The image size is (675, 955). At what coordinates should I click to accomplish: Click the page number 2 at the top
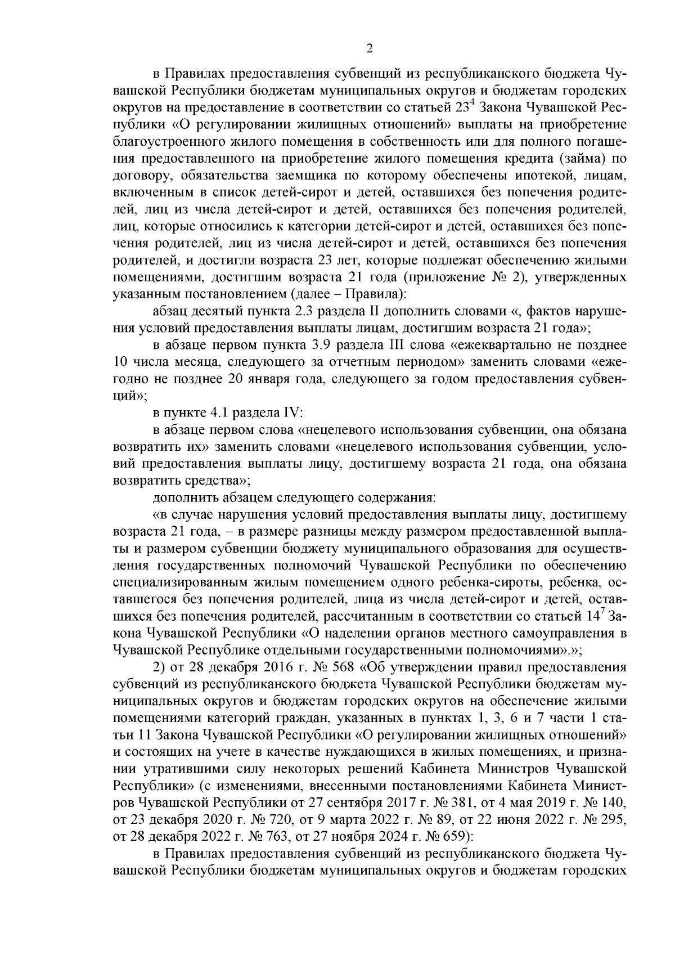coord(370,49)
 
